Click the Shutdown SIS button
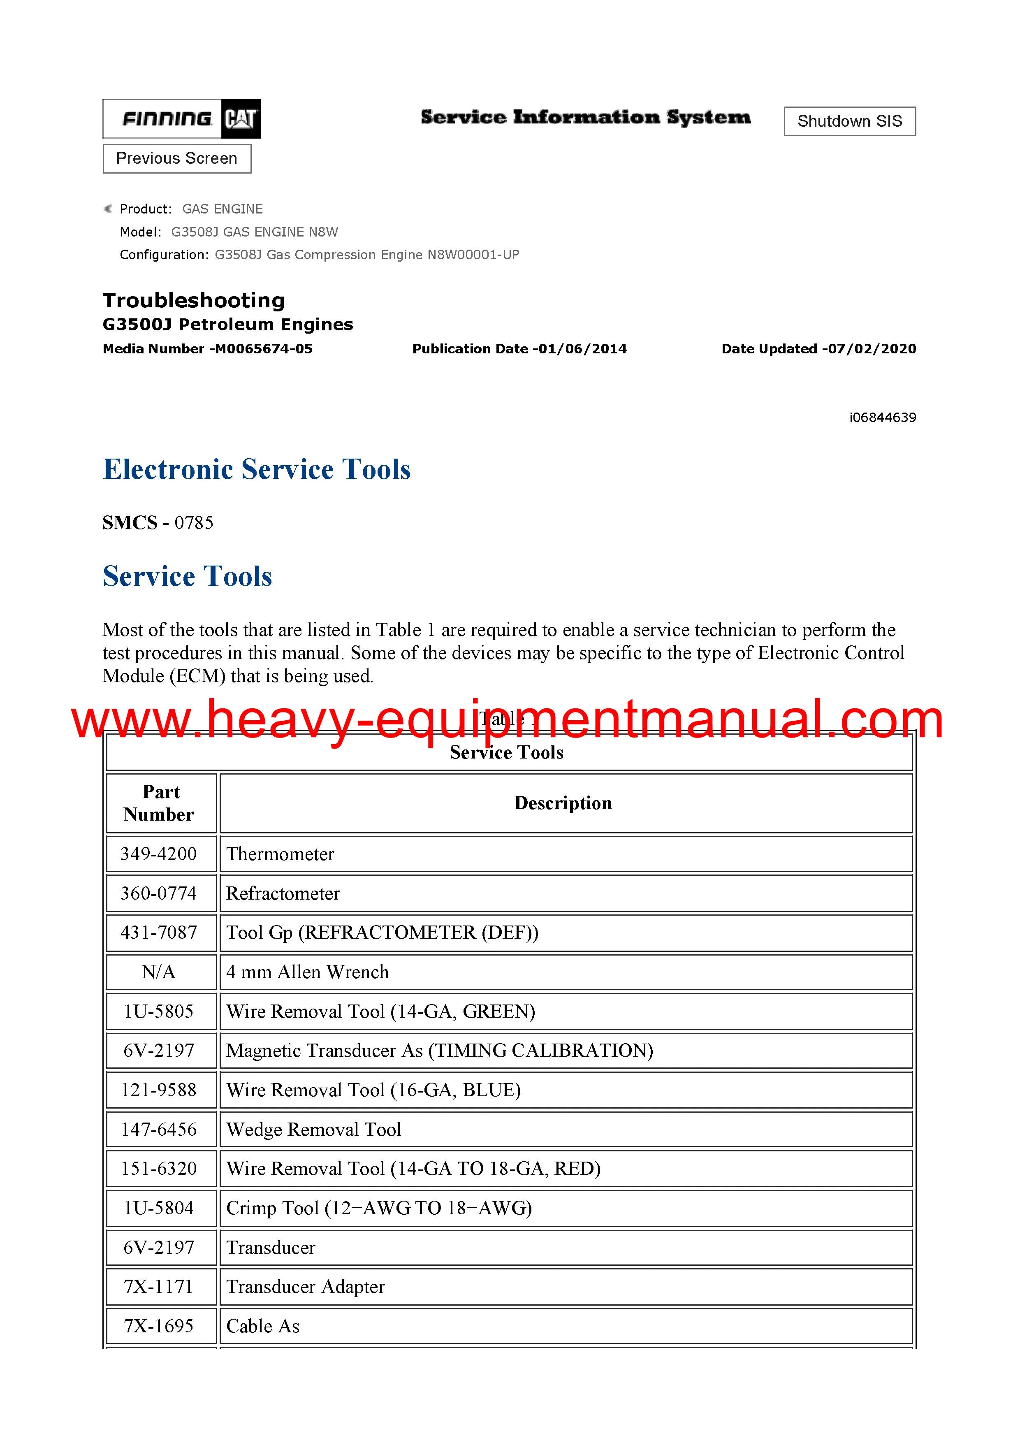pos(849,121)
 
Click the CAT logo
pos(241,119)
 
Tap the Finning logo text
pos(167,119)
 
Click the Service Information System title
pos(585,118)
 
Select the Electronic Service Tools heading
pos(256,469)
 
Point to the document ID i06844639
pos(882,418)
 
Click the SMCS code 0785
pos(194,523)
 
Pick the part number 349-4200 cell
pos(159,854)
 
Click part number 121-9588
pos(159,1090)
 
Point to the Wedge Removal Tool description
pos(313,1130)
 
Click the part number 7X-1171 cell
pos(159,1287)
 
